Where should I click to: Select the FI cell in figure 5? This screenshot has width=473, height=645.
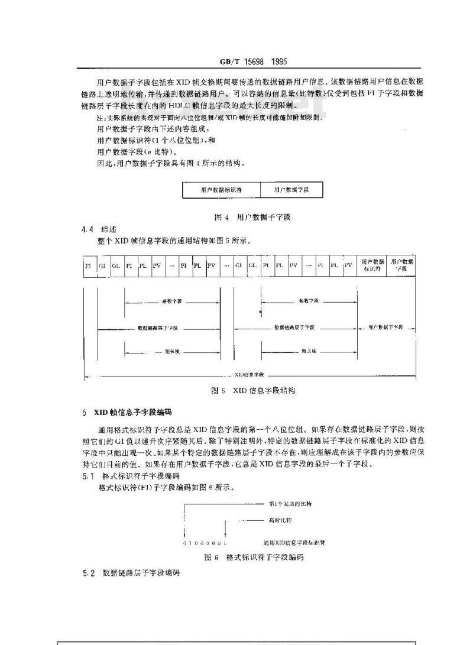pyautogui.click(x=88, y=267)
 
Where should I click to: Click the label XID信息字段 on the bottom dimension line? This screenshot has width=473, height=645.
pyautogui.click(x=249, y=375)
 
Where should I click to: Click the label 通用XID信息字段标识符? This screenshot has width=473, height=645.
pyautogui.click(x=294, y=542)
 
